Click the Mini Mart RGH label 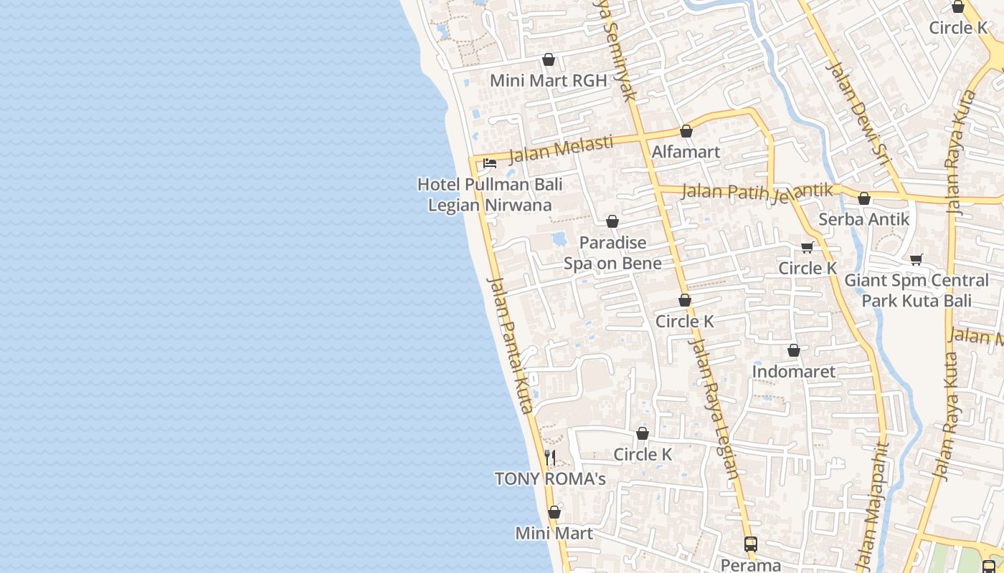coord(549,80)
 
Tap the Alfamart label coord(686,152)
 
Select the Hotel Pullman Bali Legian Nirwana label coord(490,195)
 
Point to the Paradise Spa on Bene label coord(612,253)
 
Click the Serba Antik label coord(863,219)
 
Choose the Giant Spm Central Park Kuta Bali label coord(917,290)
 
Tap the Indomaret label coord(793,372)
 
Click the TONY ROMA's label coord(550,478)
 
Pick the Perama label coord(751,564)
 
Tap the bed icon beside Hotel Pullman coord(490,163)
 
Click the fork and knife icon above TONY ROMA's coord(550,457)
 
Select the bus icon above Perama coord(751,544)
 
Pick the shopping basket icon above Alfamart coord(686,131)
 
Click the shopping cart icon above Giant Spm coord(916,259)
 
